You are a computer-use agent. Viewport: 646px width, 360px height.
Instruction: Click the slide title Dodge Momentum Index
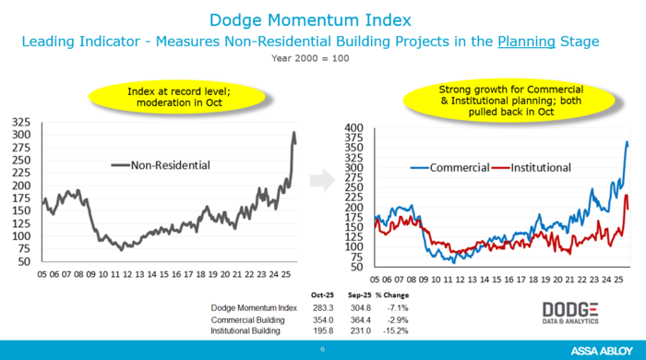point(322,18)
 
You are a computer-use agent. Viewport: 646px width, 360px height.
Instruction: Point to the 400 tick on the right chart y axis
point(354,127)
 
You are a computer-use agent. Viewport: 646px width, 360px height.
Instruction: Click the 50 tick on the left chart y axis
point(24,262)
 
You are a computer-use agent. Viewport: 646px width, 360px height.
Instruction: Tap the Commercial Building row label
point(247,318)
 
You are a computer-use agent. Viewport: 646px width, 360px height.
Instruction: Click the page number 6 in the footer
point(322,350)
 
